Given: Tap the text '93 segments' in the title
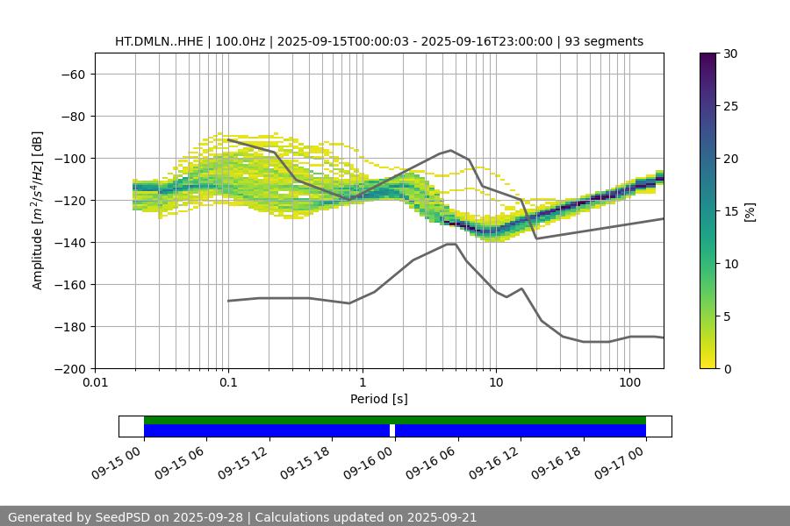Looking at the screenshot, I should pos(604,41).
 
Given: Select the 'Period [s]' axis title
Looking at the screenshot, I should pos(378,400).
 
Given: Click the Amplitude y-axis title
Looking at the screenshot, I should pos(38,210).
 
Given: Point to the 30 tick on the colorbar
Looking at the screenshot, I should pos(729,53).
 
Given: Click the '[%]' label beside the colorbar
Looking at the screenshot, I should pos(750,211).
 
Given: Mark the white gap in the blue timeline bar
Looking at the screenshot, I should pos(392,430).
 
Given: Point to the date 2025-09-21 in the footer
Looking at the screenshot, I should pos(439,517).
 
